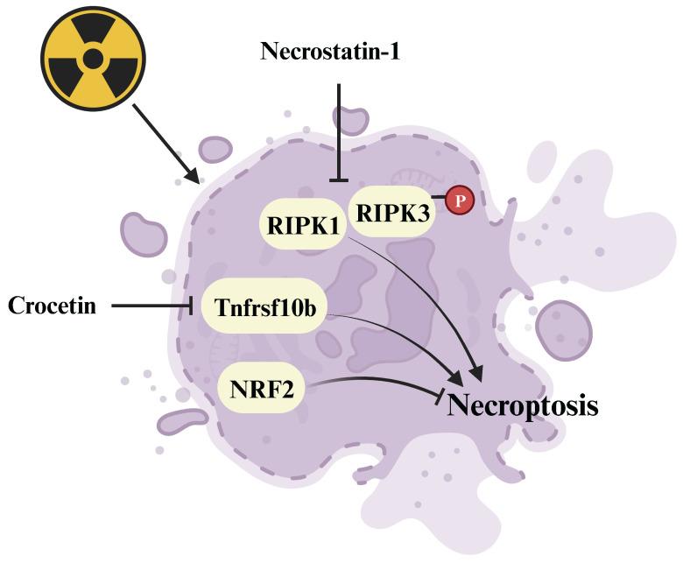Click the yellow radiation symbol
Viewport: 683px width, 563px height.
[x=92, y=59]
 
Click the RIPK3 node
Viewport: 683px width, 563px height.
[x=392, y=209]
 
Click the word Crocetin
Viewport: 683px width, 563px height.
[x=51, y=306]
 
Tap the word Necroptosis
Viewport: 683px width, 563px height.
[x=523, y=406]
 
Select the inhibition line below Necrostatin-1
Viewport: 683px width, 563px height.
[x=338, y=131]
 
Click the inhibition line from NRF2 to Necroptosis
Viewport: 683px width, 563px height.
[x=377, y=385]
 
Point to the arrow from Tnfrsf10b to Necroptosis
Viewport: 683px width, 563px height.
[x=403, y=336]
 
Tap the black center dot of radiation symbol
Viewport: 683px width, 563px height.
[x=92, y=59]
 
